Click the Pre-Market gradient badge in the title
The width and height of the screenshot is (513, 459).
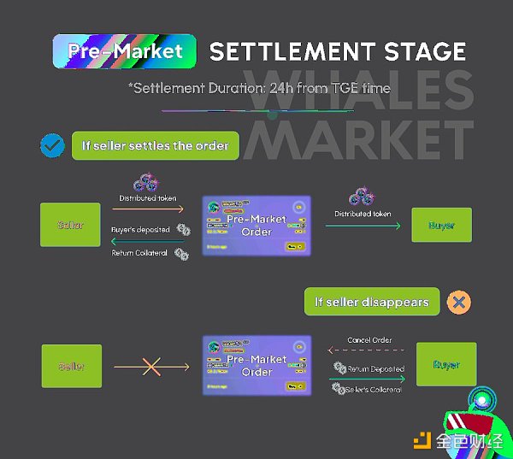[124, 50]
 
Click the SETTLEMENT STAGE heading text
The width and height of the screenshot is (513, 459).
[338, 50]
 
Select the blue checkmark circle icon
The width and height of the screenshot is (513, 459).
[53, 146]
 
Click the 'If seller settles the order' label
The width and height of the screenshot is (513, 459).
[155, 146]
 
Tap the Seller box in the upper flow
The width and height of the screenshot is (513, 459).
[70, 226]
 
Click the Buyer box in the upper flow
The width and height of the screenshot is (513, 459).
[442, 226]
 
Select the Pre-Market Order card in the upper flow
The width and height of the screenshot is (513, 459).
[256, 226]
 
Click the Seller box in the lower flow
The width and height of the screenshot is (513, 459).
[72, 367]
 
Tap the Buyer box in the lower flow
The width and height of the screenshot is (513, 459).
[445, 366]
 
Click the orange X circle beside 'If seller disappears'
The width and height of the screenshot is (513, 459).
[459, 302]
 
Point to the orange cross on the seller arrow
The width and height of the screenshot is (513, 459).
[151, 367]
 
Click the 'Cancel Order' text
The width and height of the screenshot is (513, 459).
[369, 340]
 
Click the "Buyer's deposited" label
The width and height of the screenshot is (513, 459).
[141, 230]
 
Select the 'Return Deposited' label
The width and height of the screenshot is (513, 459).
[376, 369]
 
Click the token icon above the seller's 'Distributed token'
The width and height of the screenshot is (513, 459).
[144, 183]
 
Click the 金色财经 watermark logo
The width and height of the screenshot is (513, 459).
[457, 440]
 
